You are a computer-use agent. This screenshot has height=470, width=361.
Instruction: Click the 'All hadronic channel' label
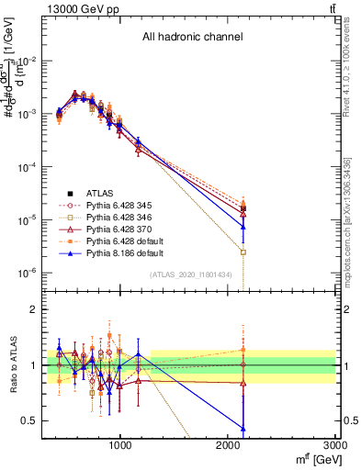192,38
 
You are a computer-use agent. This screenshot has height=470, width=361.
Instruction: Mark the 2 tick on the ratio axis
33,310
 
